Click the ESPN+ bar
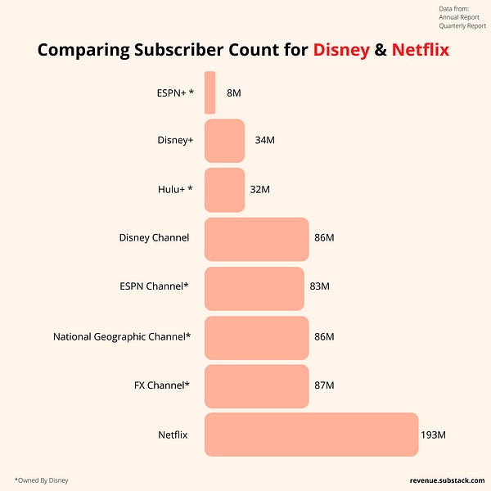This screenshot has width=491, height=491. [210, 92]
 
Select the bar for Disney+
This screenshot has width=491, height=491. [224, 141]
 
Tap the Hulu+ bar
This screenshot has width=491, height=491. [224, 190]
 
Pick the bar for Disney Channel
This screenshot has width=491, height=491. [256, 239]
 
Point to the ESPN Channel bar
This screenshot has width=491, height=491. [254, 288]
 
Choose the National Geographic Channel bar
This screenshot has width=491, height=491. [256, 337]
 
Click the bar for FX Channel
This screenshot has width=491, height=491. [256, 385]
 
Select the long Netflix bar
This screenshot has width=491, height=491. [311, 435]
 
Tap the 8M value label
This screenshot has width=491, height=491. [234, 92]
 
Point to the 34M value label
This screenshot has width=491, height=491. [264, 141]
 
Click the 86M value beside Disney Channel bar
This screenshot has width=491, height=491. [324, 238]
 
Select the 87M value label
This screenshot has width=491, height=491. [324, 385]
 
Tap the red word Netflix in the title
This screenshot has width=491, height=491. [421, 51]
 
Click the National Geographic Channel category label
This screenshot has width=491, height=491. [122, 336]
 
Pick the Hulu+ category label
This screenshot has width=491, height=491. [176, 189]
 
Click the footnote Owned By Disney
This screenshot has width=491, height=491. [42, 480]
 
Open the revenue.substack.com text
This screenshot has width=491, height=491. [447, 480]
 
